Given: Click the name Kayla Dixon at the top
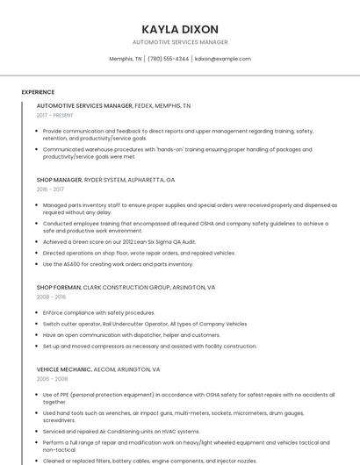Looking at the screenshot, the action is [x=180, y=29].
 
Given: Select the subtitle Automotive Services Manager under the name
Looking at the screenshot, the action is [x=180, y=42].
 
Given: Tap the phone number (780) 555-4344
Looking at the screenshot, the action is [x=169, y=59].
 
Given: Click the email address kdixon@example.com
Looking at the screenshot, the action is [x=223, y=59].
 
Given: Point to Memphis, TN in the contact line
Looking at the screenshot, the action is [x=126, y=59].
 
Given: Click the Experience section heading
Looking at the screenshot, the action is [x=38, y=92].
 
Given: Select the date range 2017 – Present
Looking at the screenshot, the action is [x=55, y=115].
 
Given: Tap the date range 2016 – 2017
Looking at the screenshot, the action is [x=50, y=189].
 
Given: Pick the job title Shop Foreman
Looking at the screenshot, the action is [x=58, y=287].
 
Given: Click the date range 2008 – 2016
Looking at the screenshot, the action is [x=50, y=297].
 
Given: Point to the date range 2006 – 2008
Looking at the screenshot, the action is [x=50, y=379].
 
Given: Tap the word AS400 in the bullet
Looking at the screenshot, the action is [x=72, y=264].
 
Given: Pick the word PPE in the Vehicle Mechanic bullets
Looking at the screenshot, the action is [x=62, y=395].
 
